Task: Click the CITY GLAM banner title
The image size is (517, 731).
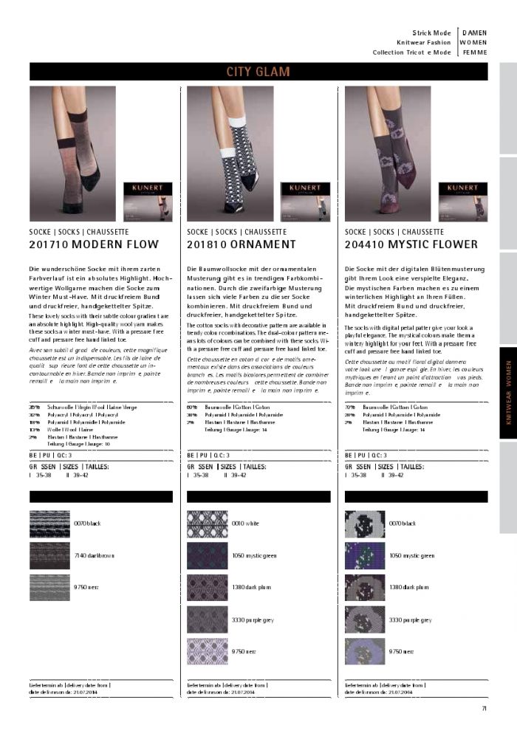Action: (258, 72)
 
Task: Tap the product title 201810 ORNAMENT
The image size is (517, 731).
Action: (242, 244)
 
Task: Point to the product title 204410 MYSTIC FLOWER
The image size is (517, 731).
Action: (411, 244)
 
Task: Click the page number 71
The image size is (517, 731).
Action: (483, 710)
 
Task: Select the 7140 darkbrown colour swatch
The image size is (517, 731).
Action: (49, 555)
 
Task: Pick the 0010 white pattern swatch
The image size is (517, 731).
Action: (208, 524)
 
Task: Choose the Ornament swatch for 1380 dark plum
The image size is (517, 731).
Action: (208, 588)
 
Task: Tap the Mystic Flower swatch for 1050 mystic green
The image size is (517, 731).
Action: (365, 555)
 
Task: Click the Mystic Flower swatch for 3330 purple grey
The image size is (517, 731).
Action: (365, 620)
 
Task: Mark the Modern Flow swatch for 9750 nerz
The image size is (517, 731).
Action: (49, 588)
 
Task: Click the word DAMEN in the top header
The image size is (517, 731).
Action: (474, 32)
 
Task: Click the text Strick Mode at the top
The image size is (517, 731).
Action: (431, 32)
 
